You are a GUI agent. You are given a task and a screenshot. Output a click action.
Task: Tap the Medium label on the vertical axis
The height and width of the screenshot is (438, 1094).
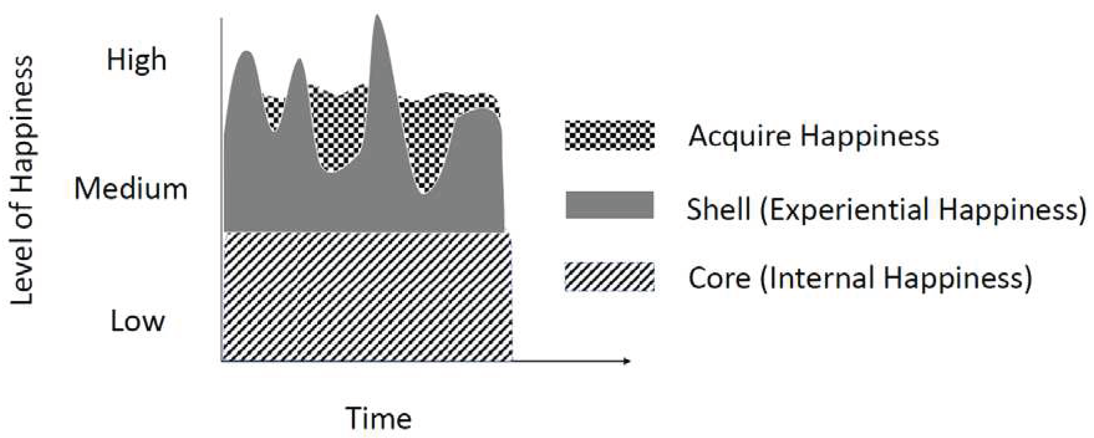pos(131,189)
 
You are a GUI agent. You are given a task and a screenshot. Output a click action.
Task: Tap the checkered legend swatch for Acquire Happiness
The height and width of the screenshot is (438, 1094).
pos(609,135)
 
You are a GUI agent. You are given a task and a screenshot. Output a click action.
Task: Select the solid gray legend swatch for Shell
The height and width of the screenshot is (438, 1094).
pos(609,205)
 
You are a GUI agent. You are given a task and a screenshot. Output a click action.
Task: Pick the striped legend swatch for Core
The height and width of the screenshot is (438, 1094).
pos(609,277)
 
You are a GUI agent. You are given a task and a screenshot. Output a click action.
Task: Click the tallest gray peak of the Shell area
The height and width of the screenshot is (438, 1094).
pos(377,26)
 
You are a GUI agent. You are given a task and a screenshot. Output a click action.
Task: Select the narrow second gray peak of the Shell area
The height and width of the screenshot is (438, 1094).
pos(299,68)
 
